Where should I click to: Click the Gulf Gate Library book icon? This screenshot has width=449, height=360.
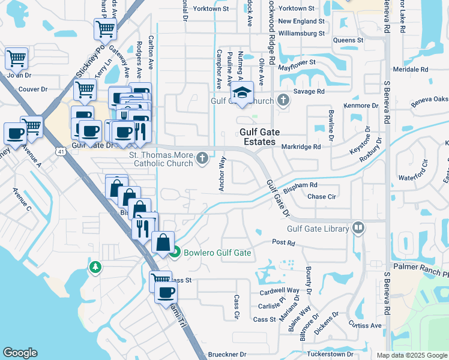tap(358, 228)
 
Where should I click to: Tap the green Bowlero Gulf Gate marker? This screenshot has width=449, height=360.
tap(175, 253)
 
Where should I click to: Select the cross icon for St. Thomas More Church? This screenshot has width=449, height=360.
tap(203, 158)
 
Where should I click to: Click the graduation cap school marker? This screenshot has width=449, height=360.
tap(243, 92)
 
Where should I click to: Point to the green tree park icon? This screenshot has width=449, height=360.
tap(94, 266)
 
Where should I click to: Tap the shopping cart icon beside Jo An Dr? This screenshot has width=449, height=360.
tap(17, 59)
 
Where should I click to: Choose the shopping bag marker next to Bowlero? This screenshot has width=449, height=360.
tap(163, 242)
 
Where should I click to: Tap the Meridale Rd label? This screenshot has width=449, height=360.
tap(410, 70)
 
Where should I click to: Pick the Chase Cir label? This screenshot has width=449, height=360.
tap(321, 197)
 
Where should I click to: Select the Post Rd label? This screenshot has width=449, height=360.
tap(283, 243)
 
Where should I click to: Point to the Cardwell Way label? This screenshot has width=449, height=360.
tap(279, 290)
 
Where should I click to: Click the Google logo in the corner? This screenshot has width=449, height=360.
tap(20, 353)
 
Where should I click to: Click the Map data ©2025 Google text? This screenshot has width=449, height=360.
tap(411, 355)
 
